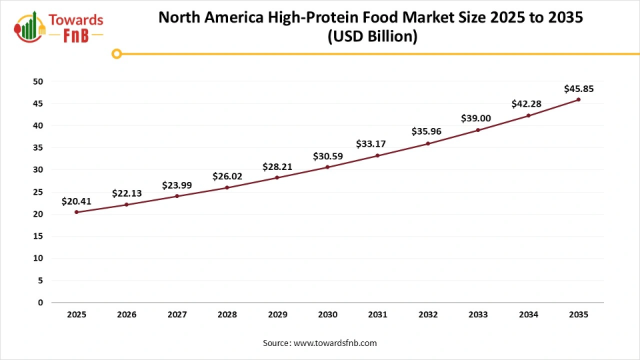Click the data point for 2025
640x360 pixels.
tap(76, 212)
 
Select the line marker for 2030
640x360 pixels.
tap(327, 167)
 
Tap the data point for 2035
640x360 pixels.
tap(578, 99)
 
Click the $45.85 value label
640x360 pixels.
tap(578, 88)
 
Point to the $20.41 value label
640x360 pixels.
tap(76, 201)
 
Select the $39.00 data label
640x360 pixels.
tap(477, 118)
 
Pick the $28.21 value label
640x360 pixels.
tap(277, 166)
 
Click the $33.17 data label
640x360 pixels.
tap(377, 143)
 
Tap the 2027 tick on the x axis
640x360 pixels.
tap(177, 314)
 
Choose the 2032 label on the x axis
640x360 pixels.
tap(427, 314)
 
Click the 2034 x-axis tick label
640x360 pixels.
tap(528, 314)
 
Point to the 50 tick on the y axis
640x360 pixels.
tap(38, 81)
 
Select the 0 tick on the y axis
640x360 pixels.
tap(41, 302)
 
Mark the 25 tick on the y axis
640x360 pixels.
tap(38, 192)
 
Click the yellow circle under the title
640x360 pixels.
tap(117, 53)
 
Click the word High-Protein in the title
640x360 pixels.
tap(307, 18)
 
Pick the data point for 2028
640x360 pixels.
tap(227, 187)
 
